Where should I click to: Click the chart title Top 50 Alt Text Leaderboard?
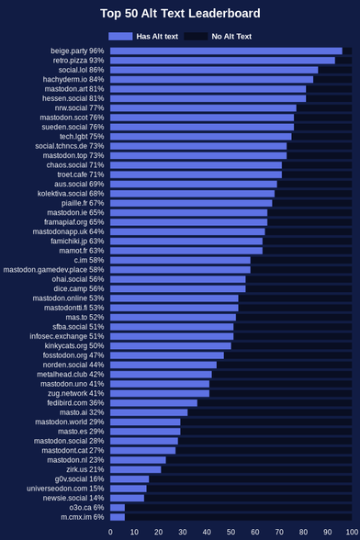[180, 14]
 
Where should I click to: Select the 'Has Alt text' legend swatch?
[120, 36]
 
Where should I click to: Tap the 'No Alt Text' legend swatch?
[196, 36]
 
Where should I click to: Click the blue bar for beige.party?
[226, 51]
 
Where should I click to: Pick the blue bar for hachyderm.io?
[212, 80]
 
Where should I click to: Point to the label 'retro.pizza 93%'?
[78, 61]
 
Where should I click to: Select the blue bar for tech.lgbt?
[201, 137]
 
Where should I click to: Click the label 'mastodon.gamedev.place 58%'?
[53, 270]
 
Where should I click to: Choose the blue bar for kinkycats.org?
[171, 345]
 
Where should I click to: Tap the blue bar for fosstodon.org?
[167, 355]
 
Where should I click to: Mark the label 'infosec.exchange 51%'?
[67, 336]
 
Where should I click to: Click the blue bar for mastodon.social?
[144, 441]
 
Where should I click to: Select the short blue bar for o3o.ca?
[118, 508]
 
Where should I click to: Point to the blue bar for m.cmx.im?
[118, 517]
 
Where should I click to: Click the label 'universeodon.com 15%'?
[65, 489]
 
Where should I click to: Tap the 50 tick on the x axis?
[231, 532]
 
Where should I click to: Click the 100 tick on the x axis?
[352, 532]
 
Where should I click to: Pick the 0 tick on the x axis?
[110, 532]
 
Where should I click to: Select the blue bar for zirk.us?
[135, 469]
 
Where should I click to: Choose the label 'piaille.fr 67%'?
[83, 203]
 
